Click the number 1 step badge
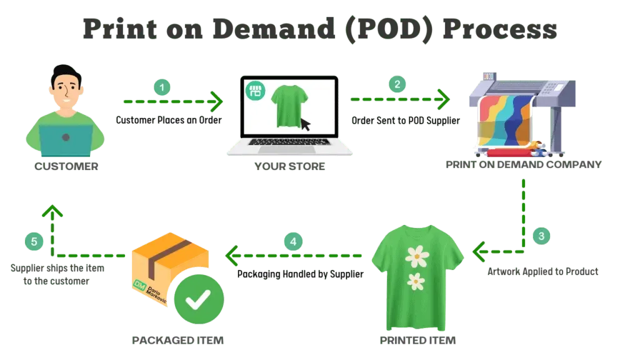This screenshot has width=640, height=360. coord(162,87)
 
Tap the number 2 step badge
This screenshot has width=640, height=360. coord(396,84)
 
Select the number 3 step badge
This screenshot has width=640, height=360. coord(541,236)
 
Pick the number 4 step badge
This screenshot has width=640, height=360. coord(293,241)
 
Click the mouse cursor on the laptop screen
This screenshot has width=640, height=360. coord(305,124)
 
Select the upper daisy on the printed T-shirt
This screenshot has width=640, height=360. coord(416,255)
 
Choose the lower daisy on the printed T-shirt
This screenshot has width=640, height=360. coord(416,281)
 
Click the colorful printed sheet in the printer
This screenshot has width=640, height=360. coord(504,119)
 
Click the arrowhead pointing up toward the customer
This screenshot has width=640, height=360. coord(52,211)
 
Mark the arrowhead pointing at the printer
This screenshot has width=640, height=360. coord(444,99)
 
